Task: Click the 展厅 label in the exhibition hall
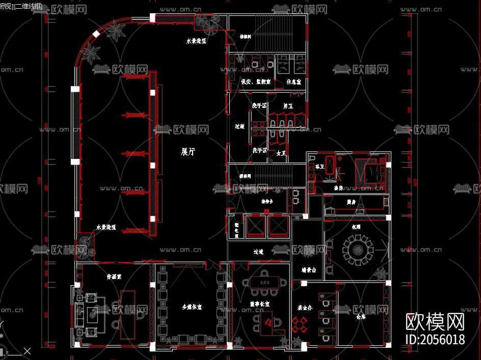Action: tap(188, 151)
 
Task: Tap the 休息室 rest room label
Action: tap(294, 81)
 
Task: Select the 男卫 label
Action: tap(288, 106)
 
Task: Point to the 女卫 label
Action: tap(281, 152)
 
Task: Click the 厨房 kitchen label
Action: tap(351, 202)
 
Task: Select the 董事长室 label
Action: tap(259, 303)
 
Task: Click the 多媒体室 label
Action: tap(192, 307)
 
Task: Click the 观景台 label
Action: tap(309, 270)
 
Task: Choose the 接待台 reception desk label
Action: tap(268, 202)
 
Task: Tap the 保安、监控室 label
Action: tap(256, 81)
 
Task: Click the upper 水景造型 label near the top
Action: tap(196, 42)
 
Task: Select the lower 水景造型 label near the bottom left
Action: tap(106, 228)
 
